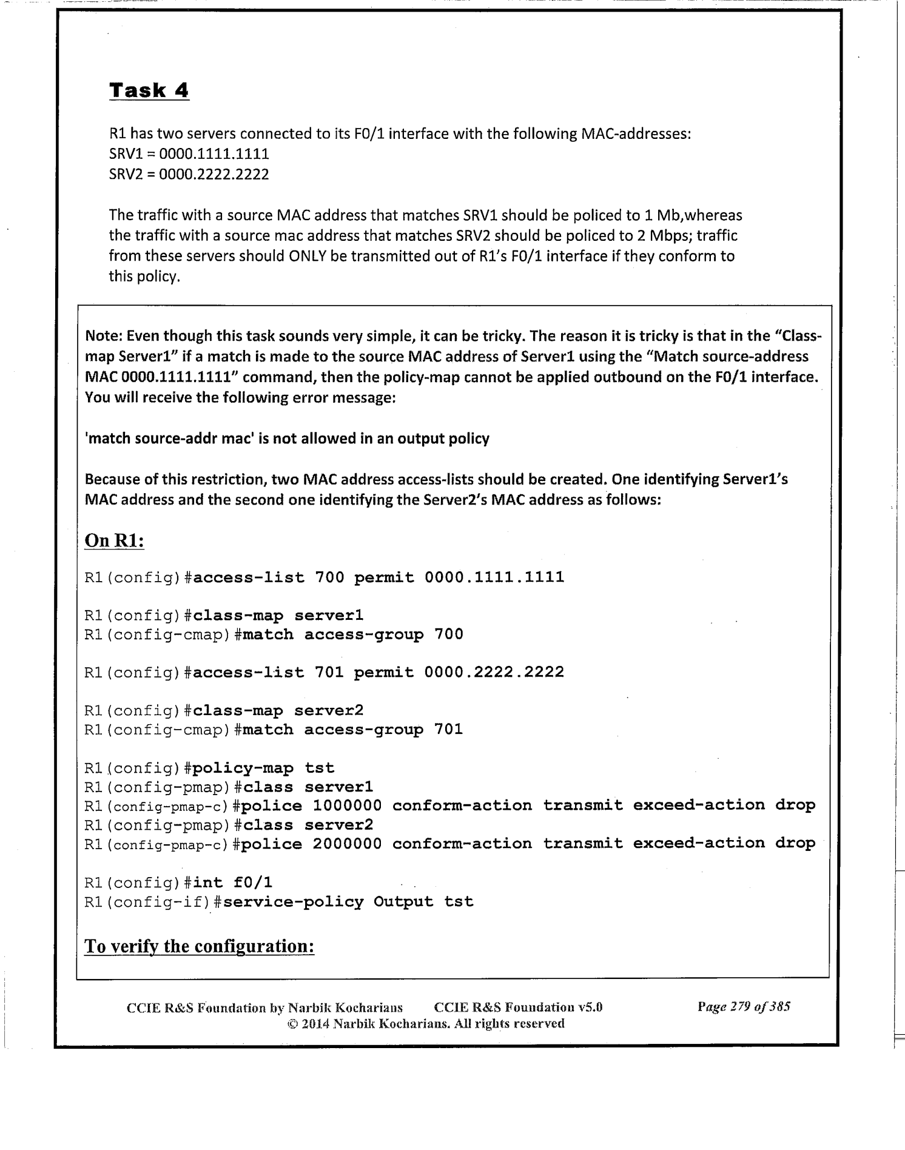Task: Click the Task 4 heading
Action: click(x=149, y=90)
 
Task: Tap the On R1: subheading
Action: click(x=115, y=540)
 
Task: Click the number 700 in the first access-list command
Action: click(x=329, y=577)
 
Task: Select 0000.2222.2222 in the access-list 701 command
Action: click(x=494, y=672)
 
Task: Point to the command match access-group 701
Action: click(x=352, y=730)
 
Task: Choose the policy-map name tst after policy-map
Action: click(x=319, y=768)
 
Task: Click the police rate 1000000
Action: click(x=347, y=805)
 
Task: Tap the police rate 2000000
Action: click(x=347, y=844)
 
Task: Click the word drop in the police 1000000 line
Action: click(x=795, y=805)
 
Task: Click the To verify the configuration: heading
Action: click(x=199, y=946)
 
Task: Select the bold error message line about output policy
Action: click(x=287, y=439)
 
